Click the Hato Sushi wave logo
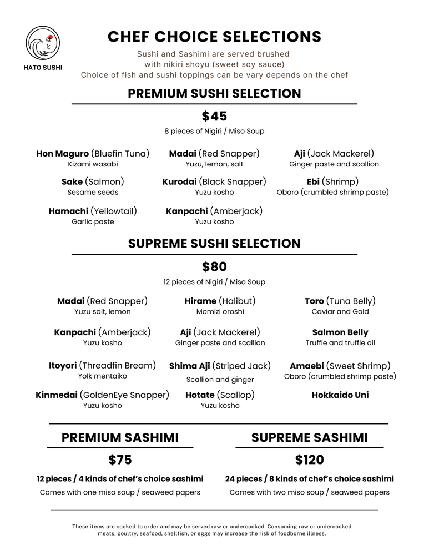43,43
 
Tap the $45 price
214,117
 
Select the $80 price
214,267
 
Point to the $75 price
120,460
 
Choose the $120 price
309,460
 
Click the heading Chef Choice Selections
214,37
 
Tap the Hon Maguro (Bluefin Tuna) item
93,154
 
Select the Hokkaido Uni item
340,395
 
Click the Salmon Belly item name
340,332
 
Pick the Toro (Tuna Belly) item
340,301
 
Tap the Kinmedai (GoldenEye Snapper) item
102,395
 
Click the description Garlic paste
93,222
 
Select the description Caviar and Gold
340,312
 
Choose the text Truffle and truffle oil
340,343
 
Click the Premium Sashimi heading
120,438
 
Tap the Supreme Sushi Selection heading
214,244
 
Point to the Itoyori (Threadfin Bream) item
102,366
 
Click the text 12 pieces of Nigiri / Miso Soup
214,282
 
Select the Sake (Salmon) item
93,182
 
